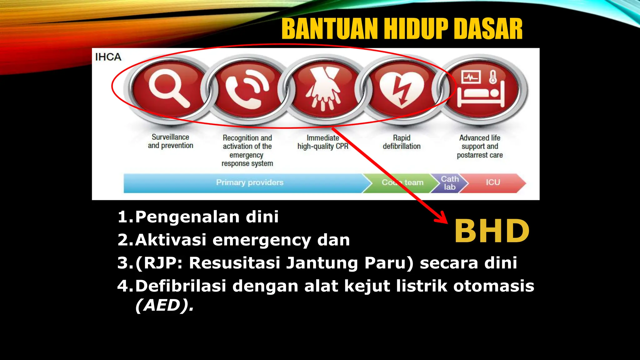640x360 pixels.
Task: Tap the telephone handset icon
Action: coord(247,89)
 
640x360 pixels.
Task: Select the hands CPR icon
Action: coord(323,89)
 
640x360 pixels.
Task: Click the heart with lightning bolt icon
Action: coord(402,89)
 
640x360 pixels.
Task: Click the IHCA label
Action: coord(108,57)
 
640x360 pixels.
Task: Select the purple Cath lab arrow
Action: coord(449,183)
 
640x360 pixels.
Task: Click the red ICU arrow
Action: coord(493,182)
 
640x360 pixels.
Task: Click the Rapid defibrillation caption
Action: coord(402,142)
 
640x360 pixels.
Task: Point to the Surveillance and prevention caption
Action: coord(170,141)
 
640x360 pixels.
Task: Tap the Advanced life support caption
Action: coord(480,146)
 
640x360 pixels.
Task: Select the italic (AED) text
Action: coord(164,305)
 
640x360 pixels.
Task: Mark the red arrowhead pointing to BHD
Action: coord(442,217)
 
